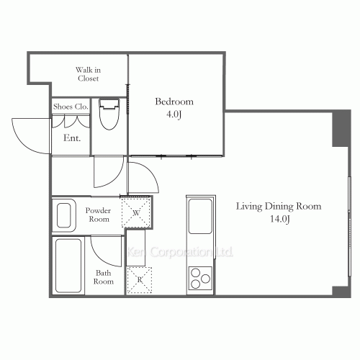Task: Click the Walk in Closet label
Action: tap(88, 73)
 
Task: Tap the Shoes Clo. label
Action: tap(71, 106)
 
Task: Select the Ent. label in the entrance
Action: tap(72, 138)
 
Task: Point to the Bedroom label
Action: tap(174, 102)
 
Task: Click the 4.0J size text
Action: tap(174, 113)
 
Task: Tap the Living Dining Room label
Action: tap(279, 206)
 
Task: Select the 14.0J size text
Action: tap(279, 218)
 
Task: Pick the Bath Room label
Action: tap(103, 277)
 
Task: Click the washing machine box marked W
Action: tap(136, 212)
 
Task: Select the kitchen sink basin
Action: tap(199, 215)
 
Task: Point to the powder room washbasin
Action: tap(64, 215)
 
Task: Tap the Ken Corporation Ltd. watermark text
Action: tap(180, 252)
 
